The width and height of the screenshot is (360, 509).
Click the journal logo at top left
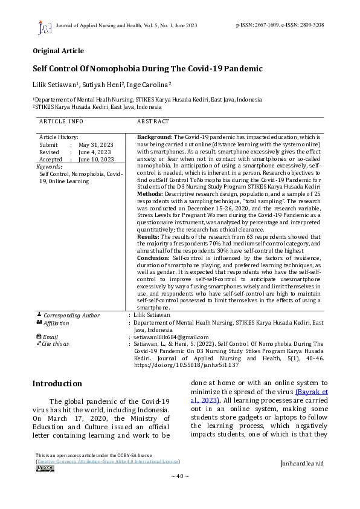pyautogui.click(x=44, y=27)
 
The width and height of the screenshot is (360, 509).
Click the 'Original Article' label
pyautogui.click(x=58, y=51)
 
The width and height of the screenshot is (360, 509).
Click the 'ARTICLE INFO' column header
pyautogui.click(x=62, y=122)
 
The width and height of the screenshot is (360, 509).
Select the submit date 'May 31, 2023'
pyautogui.click(x=96, y=145)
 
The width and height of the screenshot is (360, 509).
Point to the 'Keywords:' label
pyautogui.click(x=49, y=166)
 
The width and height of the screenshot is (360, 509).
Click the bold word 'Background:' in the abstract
pyautogui.click(x=155, y=138)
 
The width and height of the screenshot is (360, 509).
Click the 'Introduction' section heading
pyautogui.click(x=57, y=383)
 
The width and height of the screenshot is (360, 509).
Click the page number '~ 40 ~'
pyautogui.click(x=179, y=476)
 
